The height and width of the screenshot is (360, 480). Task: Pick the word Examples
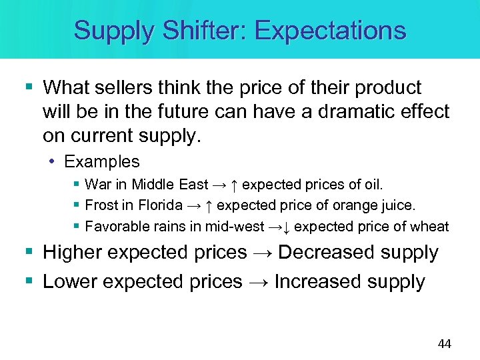click(x=102, y=162)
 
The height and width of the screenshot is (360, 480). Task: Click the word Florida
click(x=160, y=205)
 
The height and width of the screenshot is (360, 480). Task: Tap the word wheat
click(x=431, y=227)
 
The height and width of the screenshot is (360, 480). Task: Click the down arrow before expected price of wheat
click(x=285, y=227)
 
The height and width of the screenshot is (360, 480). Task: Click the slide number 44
click(x=444, y=344)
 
